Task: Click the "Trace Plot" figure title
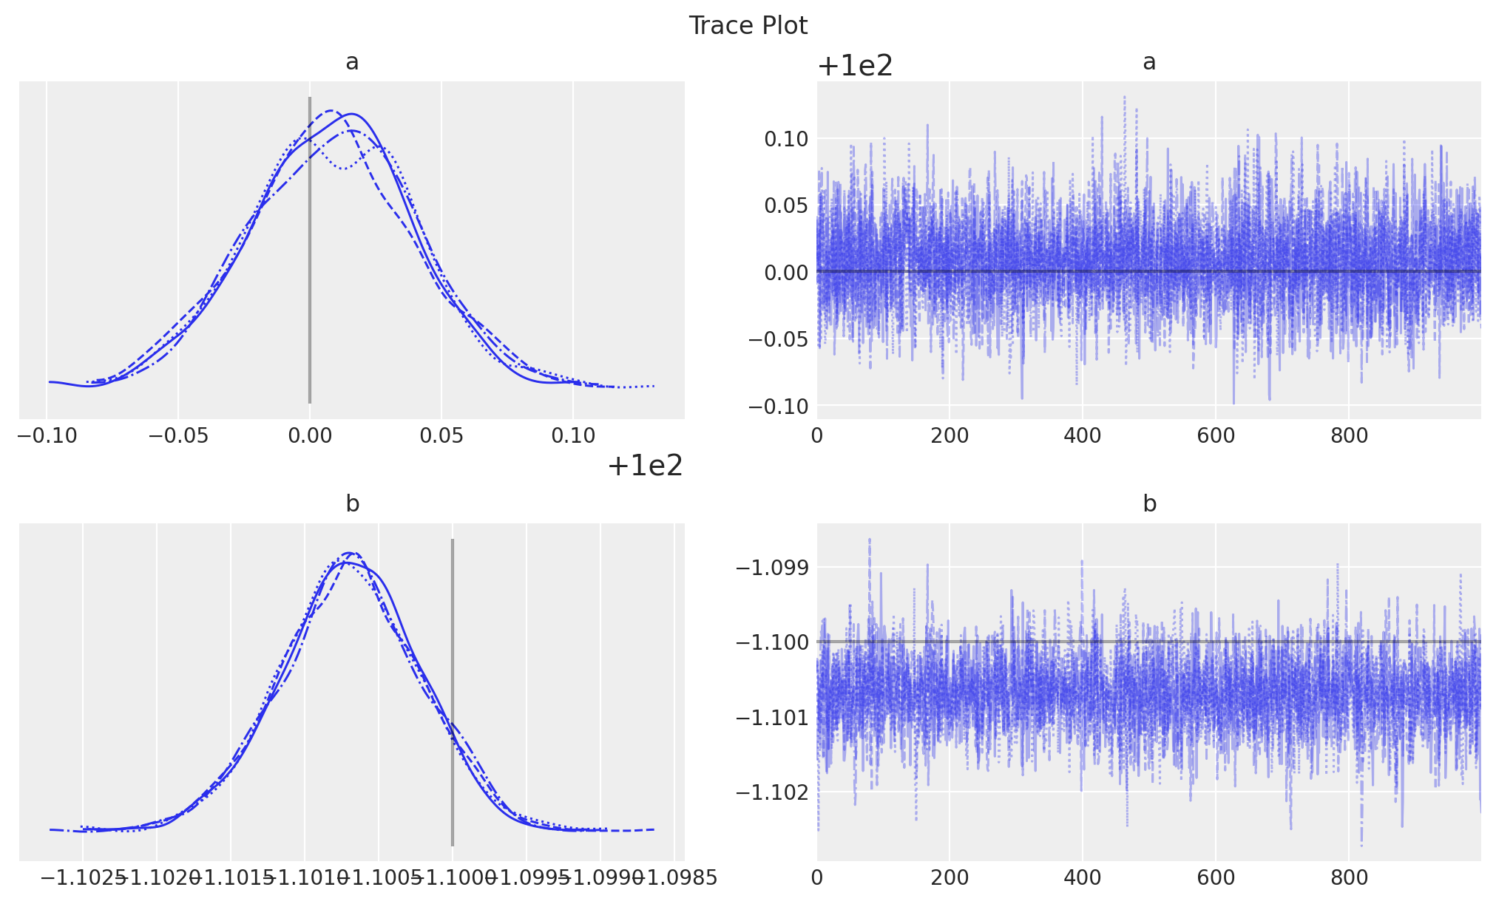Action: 748,26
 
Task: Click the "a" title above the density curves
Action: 352,62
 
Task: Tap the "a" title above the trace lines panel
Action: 1148,62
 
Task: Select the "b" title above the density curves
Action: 352,504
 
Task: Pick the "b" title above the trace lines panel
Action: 1149,504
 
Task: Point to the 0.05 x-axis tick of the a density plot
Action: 441,436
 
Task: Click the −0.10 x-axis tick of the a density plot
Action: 47,436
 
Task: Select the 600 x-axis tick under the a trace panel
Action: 1216,436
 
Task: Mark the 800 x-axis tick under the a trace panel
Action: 1349,436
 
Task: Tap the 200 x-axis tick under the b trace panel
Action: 950,878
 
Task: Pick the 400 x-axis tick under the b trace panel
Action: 1083,878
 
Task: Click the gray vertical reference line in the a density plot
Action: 310,251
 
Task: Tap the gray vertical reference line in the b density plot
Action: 453,692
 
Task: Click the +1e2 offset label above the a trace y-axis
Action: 856,67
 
